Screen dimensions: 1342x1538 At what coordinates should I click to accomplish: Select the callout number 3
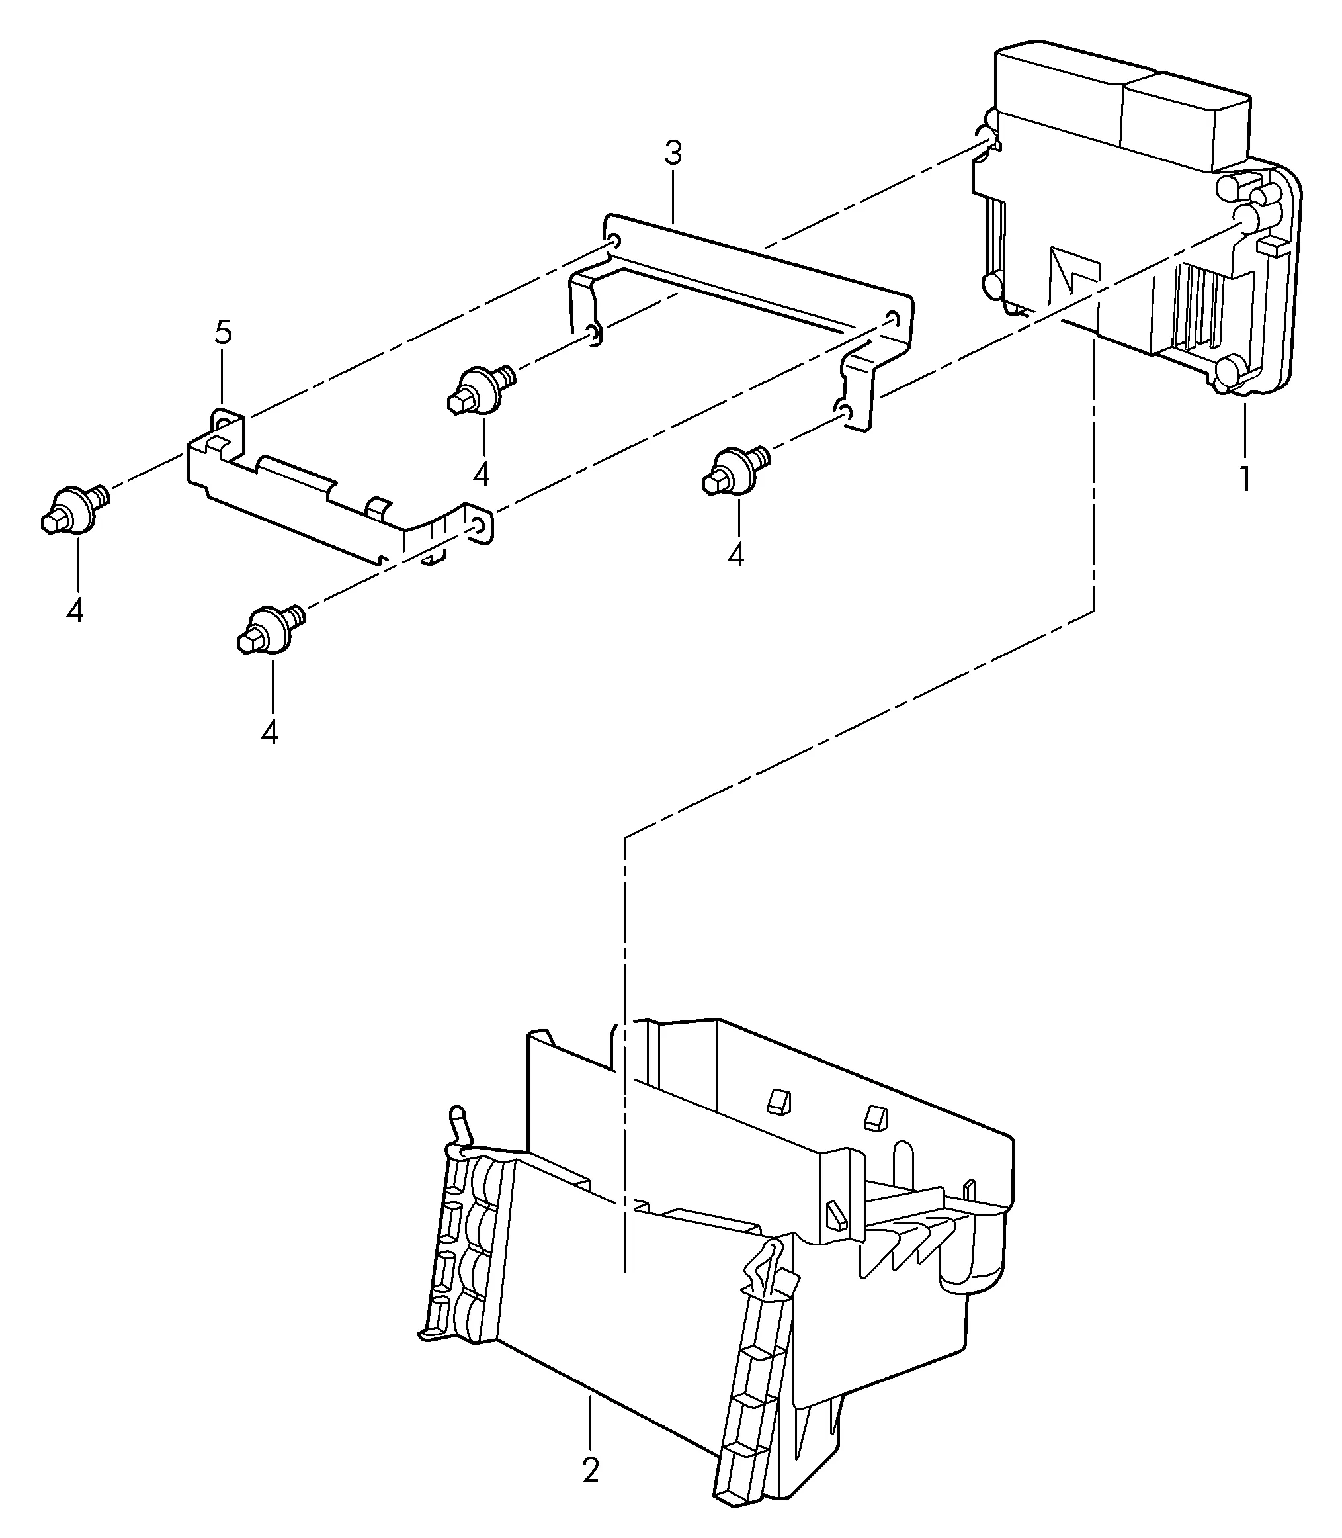(673, 154)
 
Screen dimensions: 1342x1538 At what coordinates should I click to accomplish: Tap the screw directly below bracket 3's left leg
(482, 390)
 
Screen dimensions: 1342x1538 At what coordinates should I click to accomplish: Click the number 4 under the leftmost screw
(75, 611)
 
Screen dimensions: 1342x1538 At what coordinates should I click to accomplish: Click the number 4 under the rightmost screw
(736, 555)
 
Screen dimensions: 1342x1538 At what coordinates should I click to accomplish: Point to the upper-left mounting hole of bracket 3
(613, 242)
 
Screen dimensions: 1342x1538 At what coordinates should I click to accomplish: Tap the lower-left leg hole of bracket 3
(593, 334)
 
